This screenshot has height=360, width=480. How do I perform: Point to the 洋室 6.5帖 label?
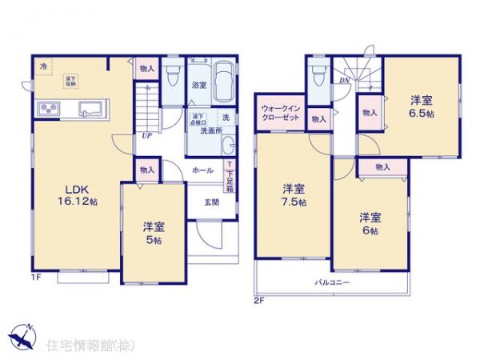point(422,106)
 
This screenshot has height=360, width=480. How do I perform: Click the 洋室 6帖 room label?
point(369,222)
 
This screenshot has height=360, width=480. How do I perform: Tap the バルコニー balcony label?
point(331,282)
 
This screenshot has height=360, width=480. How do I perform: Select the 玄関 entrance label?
point(210,200)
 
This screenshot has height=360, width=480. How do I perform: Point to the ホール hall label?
point(202,170)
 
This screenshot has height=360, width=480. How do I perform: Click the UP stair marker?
point(147,135)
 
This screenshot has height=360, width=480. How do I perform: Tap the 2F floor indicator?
point(258,301)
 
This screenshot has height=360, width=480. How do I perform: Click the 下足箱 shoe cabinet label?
point(230,178)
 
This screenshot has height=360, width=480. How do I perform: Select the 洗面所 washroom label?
point(211,130)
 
